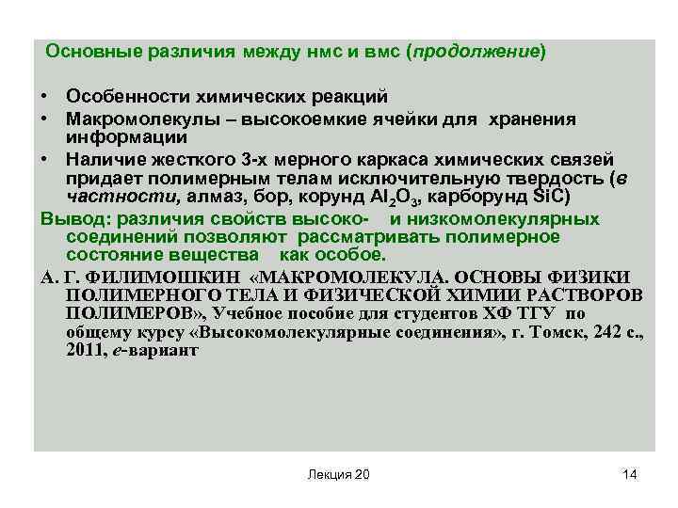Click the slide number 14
[x=630, y=474]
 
